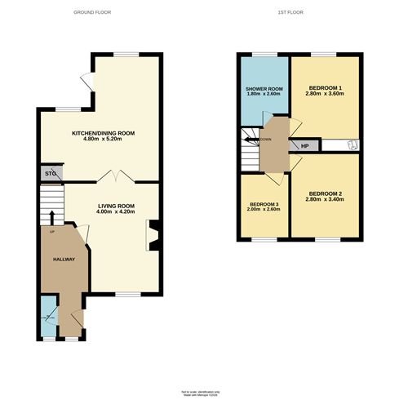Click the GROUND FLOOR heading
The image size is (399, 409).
pyautogui.click(x=92, y=13)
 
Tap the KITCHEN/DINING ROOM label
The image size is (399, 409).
pyautogui.click(x=103, y=132)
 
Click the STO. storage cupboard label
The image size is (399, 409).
pyautogui.click(x=50, y=172)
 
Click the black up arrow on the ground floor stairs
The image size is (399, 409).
pyautogui.click(x=53, y=216)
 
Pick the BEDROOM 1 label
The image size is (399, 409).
pyautogui.click(x=325, y=87)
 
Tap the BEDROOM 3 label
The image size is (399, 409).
pyautogui.click(x=264, y=203)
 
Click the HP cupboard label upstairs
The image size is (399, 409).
pyautogui.click(x=305, y=146)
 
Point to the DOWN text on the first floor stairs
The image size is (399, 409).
pyautogui.click(x=265, y=140)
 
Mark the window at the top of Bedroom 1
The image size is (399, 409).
pyautogui.click(x=325, y=54)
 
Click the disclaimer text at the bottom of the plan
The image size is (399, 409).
pyautogui.click(x=199, y=394)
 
